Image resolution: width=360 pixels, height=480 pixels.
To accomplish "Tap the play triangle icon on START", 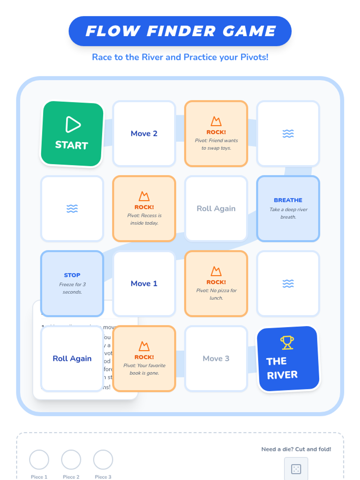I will (x=73, y=124).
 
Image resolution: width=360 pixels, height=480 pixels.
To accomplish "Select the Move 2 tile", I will (x=144, y=133).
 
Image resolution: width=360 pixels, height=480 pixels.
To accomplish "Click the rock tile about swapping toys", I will (x=216, y=133).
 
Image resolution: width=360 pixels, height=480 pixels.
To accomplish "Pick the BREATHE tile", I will (x=288, y=208).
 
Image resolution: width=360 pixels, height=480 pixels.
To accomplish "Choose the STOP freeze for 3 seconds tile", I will (x=72, y=283).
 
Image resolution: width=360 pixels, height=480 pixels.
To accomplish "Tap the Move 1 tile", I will (x=144, y=283).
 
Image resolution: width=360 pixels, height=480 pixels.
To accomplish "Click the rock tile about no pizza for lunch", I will (x=216, y=283).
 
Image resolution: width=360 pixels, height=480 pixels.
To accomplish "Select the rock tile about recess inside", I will (x=144, y=208).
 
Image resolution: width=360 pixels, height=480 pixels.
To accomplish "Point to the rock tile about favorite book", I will (x=144, y=358).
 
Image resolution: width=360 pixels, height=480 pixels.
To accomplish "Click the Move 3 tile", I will (x=216, y=358).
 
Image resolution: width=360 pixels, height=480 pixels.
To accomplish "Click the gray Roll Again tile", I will (x=216, y=208).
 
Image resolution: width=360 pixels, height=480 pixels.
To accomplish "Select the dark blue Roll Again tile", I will (x=72, y=358).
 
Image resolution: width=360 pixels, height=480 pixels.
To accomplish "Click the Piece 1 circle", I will (x=39, y=459).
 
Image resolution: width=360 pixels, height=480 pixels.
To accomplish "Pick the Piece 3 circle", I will (x=103, y=459).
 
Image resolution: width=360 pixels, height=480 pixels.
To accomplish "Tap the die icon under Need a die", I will (x=296, y=469).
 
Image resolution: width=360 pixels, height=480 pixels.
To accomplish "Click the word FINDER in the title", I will (x=181, y=31).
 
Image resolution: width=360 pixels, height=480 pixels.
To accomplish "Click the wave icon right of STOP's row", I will (x=288, y=283).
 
